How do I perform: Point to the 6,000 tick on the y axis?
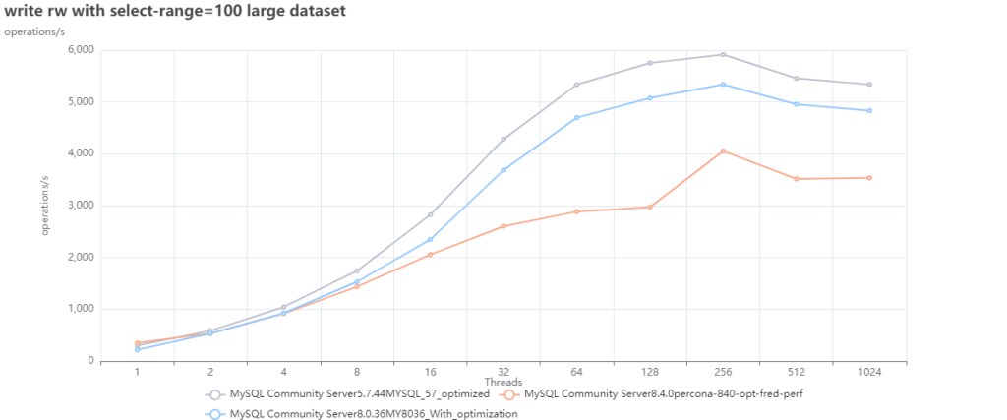[x=79, y=50]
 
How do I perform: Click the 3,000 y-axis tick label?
[x=79, y=206]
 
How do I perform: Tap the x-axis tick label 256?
[x=723, y=372]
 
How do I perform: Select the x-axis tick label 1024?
[x=869, y=372]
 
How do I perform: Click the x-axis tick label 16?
[x=430, y=372]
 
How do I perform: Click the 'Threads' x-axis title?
[x=503, y=382]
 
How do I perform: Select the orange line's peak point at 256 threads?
[x=723, y=151]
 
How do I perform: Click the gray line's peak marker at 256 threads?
[x=723, y=54]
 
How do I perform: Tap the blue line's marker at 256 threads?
[x=723, y=85]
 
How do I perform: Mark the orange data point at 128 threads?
[x=650, y=207]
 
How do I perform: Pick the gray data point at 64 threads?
[x=576, y=85]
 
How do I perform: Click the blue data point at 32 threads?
[x=503, y=170]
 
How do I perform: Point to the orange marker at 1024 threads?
[x=869, y=178]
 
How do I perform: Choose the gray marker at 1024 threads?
[x=869, y=85]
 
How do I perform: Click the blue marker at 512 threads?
[x=797, y=104]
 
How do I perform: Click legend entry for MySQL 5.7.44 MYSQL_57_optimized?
[x=349, y=394]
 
